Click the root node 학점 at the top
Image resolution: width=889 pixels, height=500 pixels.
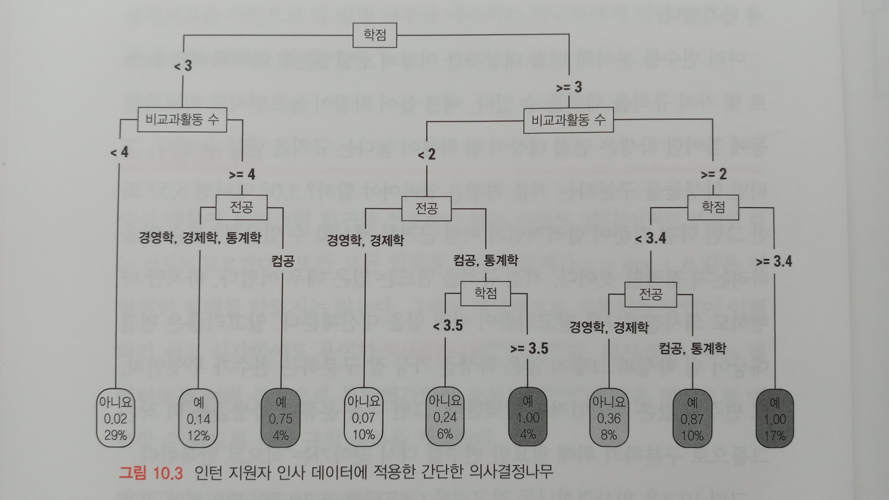tap(375, 35)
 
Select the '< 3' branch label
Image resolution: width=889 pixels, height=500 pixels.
tap(183, 65)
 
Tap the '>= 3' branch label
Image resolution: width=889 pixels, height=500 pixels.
tap(569, 87)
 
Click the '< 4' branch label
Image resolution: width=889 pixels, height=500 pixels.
tap(119, 152)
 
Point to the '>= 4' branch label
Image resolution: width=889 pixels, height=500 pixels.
tap(242, 174)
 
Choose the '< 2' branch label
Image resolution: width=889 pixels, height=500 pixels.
tap(427, 154)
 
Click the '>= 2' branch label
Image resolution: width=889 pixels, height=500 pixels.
tap(714, 174)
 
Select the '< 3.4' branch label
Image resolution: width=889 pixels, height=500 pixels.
tap(650, 238)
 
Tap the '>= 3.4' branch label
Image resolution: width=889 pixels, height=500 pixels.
tap(774, 261)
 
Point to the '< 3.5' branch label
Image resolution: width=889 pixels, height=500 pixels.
tap(448, 326)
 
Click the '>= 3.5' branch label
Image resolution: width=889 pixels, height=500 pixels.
tap(529, 348)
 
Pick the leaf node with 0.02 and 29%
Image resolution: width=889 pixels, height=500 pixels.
tap(116, 418)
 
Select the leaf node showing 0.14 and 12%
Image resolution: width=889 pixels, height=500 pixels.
tap(198, 419)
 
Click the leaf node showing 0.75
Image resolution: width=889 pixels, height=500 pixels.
tap(281, 418)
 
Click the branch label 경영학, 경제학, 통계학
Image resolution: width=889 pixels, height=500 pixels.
tap(200, 238)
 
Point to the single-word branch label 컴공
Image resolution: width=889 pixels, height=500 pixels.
tap(283, 261)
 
